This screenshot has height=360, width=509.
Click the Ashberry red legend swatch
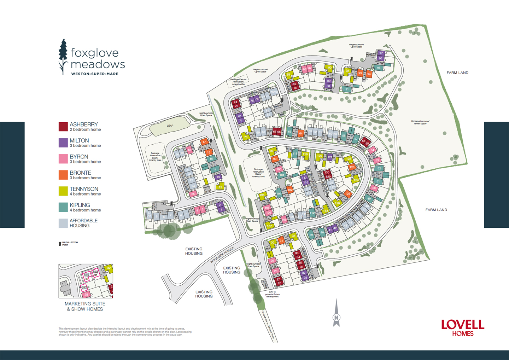[63, 127]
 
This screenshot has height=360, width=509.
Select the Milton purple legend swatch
[63, 143]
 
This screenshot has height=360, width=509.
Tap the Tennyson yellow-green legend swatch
[63, 191]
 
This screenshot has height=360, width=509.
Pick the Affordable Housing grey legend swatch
[63, 223]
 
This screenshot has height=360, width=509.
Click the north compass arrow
[337, 313]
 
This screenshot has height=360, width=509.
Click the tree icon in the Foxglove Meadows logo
[63, 57]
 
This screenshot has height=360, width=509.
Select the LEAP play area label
[170, 126]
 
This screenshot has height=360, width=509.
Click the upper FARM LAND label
[457, 73]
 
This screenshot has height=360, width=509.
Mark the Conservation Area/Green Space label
[420, 122]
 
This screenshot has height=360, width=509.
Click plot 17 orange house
[204, 142]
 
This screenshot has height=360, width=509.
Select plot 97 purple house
[381, 53]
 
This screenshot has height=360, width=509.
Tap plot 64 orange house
[301, 133]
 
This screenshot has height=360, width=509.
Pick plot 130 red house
[327, 173]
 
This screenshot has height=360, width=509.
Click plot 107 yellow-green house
[269, 226]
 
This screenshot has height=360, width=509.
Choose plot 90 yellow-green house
[330, 68]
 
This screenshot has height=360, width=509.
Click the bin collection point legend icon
[60, 244]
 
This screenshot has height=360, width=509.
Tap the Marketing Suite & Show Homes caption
[85, 306]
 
